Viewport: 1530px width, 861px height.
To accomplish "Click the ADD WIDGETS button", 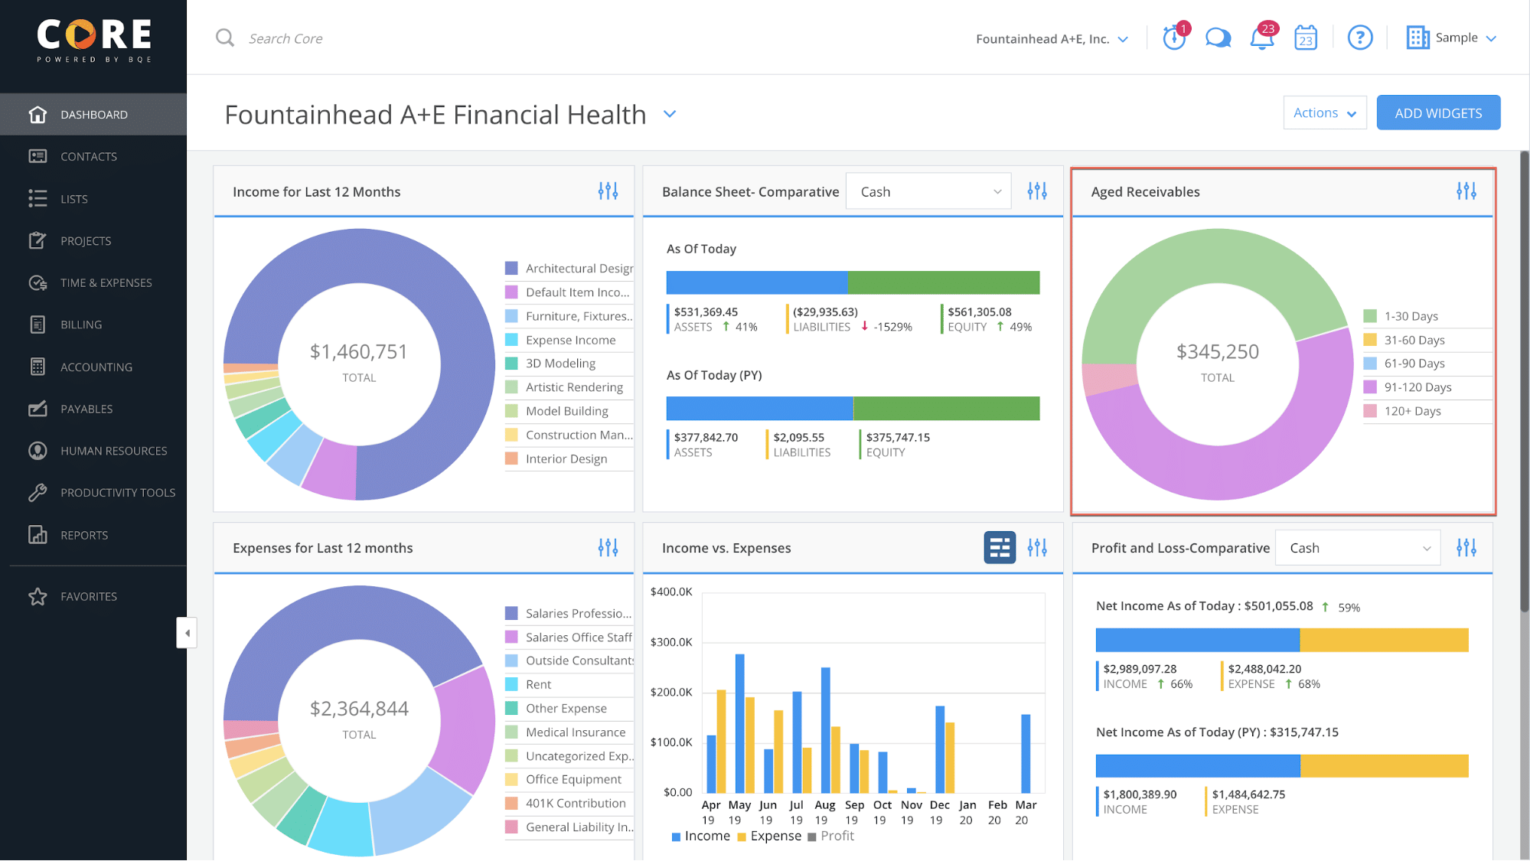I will (1437, 113).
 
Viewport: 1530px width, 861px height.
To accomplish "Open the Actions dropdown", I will (1324, 113).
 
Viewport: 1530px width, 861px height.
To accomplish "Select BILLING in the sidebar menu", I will (81, 325).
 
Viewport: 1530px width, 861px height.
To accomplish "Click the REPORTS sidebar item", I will (84, 535).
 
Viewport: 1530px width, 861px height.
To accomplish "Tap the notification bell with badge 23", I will (1261, 38).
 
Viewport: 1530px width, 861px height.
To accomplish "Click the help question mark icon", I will (1359, 38).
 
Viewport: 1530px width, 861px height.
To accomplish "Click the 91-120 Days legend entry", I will (1417, 387).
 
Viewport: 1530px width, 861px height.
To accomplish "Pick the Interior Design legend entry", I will (566, 458).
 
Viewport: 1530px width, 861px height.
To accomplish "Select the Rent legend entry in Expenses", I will (538, 684).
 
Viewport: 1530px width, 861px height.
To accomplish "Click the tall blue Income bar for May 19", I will (739, 722).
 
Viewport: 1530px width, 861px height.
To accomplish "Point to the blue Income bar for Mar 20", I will (1026, 753).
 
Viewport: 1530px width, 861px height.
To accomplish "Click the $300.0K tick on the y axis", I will (670, 641).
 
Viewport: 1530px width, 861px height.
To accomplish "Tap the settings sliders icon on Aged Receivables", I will (1466, 191).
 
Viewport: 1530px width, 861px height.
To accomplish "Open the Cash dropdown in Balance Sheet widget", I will (928, 191).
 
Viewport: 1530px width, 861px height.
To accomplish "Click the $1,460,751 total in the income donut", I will (358, 351).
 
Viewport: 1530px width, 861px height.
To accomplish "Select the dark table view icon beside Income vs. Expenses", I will (999, 548).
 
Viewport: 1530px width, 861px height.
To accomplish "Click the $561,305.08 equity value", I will (979, 311).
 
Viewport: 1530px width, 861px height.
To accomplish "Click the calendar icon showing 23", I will (1305, 38).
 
